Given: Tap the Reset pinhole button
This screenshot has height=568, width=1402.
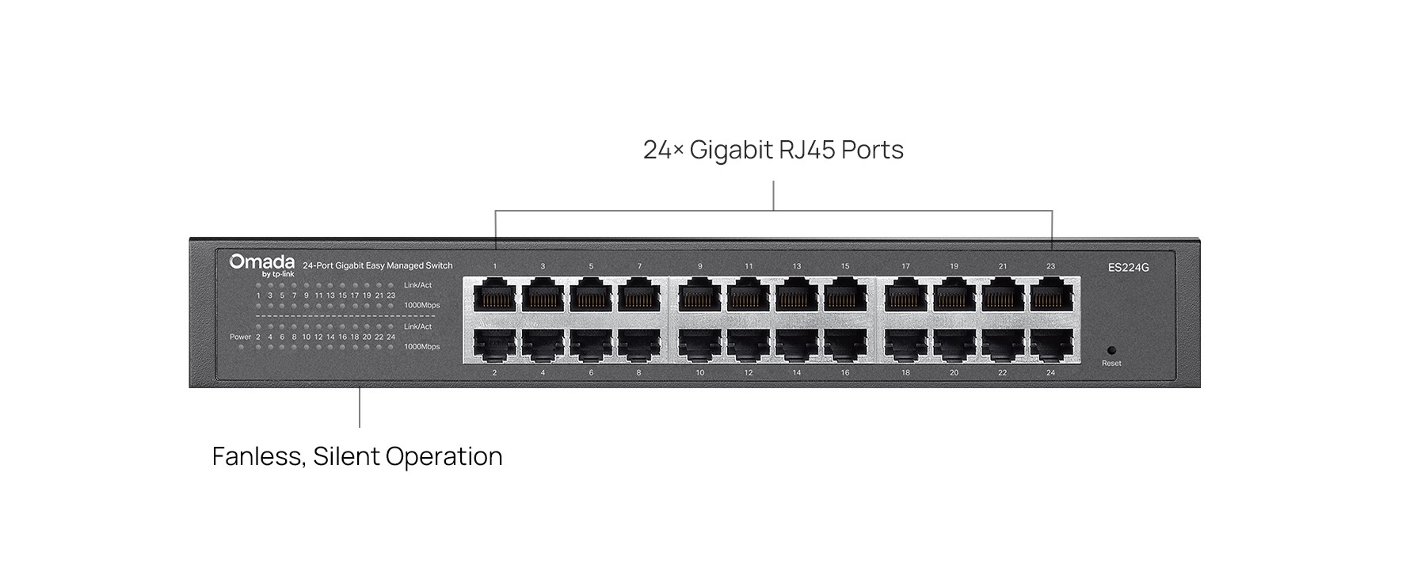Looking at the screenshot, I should [1111, 350].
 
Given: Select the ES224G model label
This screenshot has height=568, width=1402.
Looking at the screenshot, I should [1128, 268].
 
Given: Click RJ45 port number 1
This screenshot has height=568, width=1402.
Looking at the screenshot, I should [494, 298].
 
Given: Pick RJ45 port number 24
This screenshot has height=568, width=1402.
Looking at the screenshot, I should [1051, 345].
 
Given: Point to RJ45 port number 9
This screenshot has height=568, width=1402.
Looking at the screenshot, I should [700, 298].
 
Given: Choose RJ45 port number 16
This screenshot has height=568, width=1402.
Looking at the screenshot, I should [845, 345].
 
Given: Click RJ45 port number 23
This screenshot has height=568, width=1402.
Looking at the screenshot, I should [1051, 298].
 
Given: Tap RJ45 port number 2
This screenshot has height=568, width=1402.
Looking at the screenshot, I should [494, 345].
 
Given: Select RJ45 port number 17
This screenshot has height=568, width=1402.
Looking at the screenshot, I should [905, 298].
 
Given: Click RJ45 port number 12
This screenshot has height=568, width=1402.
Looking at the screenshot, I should [749, 345].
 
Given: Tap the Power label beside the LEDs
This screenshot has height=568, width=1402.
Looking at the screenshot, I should [240, 337].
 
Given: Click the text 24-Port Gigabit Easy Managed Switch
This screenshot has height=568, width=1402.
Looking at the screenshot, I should [378, 266].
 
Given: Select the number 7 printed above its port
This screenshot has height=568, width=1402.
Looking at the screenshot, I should [639, 266].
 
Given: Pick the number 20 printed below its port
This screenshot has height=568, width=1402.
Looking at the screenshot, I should [954, 372].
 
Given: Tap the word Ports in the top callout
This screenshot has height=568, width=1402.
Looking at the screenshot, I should [872, 150].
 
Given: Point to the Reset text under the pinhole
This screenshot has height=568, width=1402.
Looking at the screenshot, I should [1111, 364].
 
